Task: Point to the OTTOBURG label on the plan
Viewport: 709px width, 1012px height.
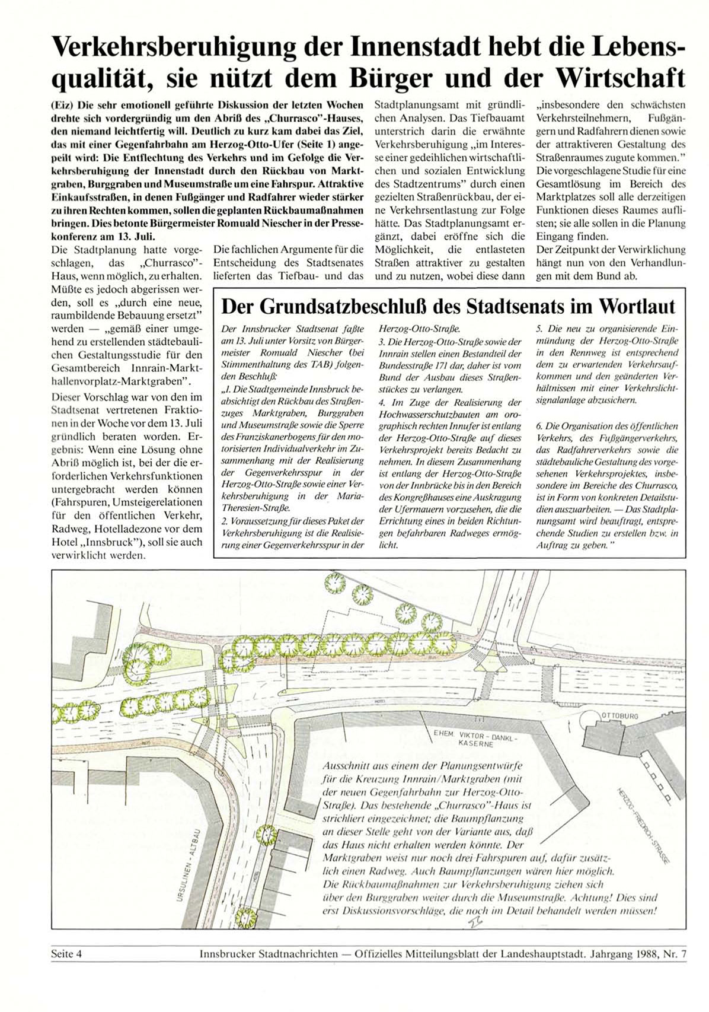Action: (x=620, y=716)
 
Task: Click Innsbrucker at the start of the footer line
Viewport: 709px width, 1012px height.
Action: (x=227, y=954)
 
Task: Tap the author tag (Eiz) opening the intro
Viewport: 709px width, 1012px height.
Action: (x=61, y=104)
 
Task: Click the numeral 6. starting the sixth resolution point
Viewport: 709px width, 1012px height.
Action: (x=539, y=426)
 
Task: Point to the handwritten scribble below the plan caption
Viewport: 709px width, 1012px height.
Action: (x=475, y=922)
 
